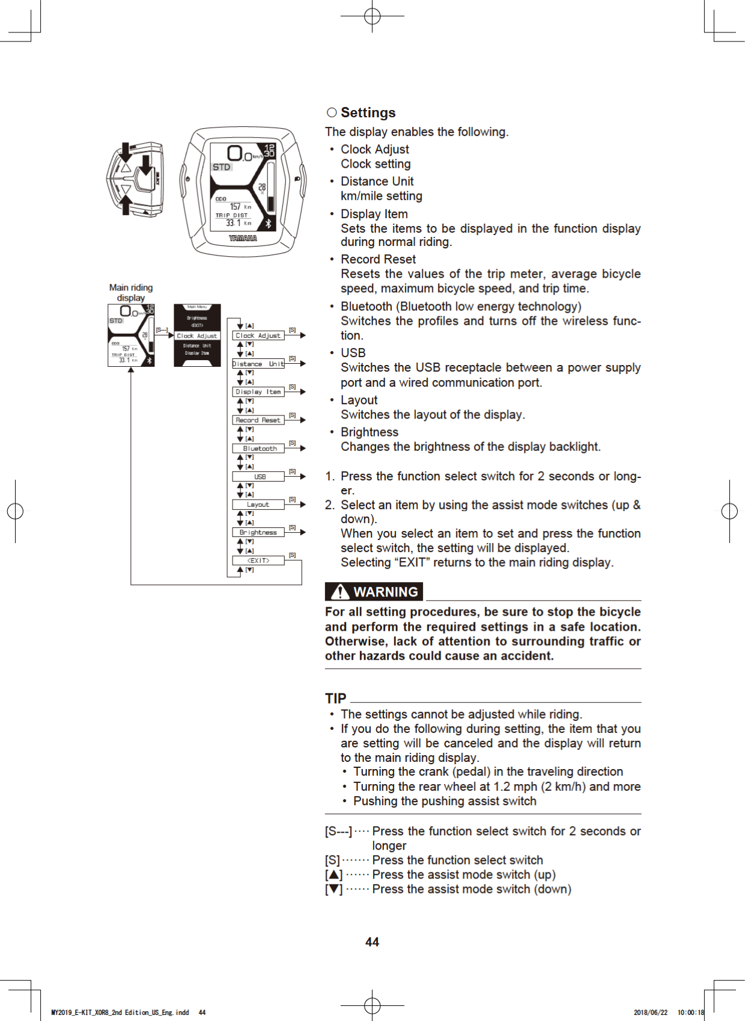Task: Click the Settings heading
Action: click(368, 112)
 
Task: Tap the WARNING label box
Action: click(374, 592)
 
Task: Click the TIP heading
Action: click(336, 698)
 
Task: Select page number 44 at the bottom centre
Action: click(372, 942)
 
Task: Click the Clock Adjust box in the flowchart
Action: click(258, 336)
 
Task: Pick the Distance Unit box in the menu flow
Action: click(258, 364)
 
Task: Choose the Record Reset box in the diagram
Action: click(258, 420)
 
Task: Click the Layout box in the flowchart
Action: click(258, 504)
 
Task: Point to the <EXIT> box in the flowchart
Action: click(258, 560)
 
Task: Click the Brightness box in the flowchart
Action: click(258, 532)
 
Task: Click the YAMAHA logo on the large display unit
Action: click(243, 239)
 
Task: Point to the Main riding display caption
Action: click(131, 293)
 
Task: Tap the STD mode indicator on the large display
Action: click(221, 167)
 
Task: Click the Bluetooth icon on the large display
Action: click(268, 223)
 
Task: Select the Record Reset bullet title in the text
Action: click(378, 259)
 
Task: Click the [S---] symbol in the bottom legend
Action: click(338, 831)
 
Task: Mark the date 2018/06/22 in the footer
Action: click(650, 1013)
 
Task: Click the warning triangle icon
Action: click(340, 592)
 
